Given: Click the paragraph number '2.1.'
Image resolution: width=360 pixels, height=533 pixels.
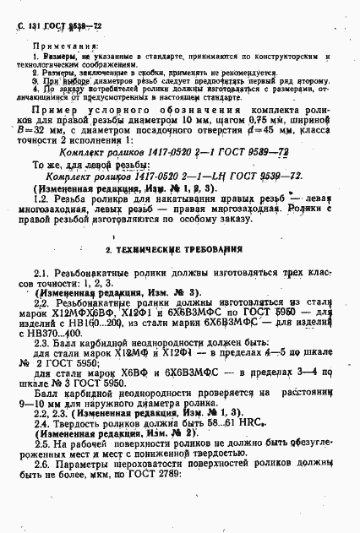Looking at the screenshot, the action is tap(41, 275).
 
